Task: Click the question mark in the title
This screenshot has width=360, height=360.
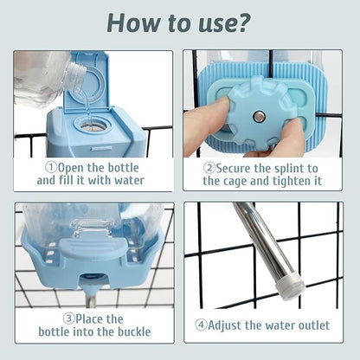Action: pyautogui.click(x=241, y=22)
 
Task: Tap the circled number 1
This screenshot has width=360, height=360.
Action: pyautogui.click(x=51, y=167)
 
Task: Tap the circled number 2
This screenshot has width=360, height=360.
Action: pyautogui.click(x=209, y=168)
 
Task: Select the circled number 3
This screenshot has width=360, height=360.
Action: pyautogui.click(x=69, y=318)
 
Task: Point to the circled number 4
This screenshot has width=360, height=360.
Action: pyautogui.click(x=201, y=325)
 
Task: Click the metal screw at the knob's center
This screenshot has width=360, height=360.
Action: pyautogui.click(x=258, y=117)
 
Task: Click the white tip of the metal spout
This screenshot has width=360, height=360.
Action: pyautogui.click(x=289, y=285)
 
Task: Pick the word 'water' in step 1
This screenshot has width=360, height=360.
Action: pyautogui.click(x=129, y=181)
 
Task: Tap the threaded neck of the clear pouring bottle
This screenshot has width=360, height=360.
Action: pyautogui.click(x=75, y=77)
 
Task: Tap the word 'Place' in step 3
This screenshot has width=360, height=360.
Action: pyautogui.click(x=89, y=318)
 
